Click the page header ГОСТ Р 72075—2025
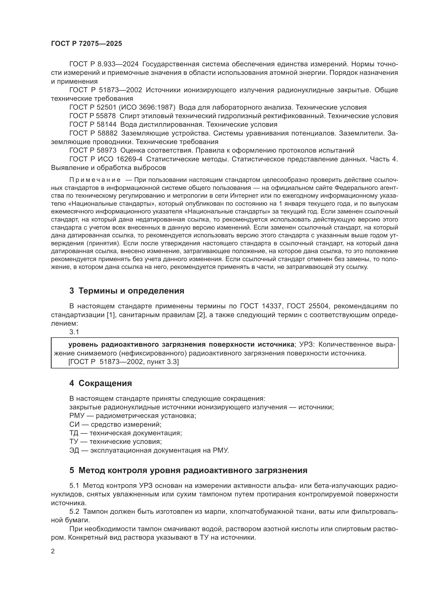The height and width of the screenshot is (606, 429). point(86,44)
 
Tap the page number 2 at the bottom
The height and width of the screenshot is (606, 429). point(53,551)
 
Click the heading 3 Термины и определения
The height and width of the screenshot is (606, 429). point(127,291)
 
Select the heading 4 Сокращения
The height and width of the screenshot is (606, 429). point(101,383)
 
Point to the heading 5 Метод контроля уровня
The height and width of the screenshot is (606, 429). point(188,470)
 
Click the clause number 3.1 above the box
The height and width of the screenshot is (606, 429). point(74,332)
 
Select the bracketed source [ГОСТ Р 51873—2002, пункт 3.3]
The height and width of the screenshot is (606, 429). point(123,362)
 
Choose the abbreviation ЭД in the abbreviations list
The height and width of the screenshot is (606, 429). point(74,451)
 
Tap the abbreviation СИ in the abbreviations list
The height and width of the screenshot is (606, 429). point(74,425)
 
